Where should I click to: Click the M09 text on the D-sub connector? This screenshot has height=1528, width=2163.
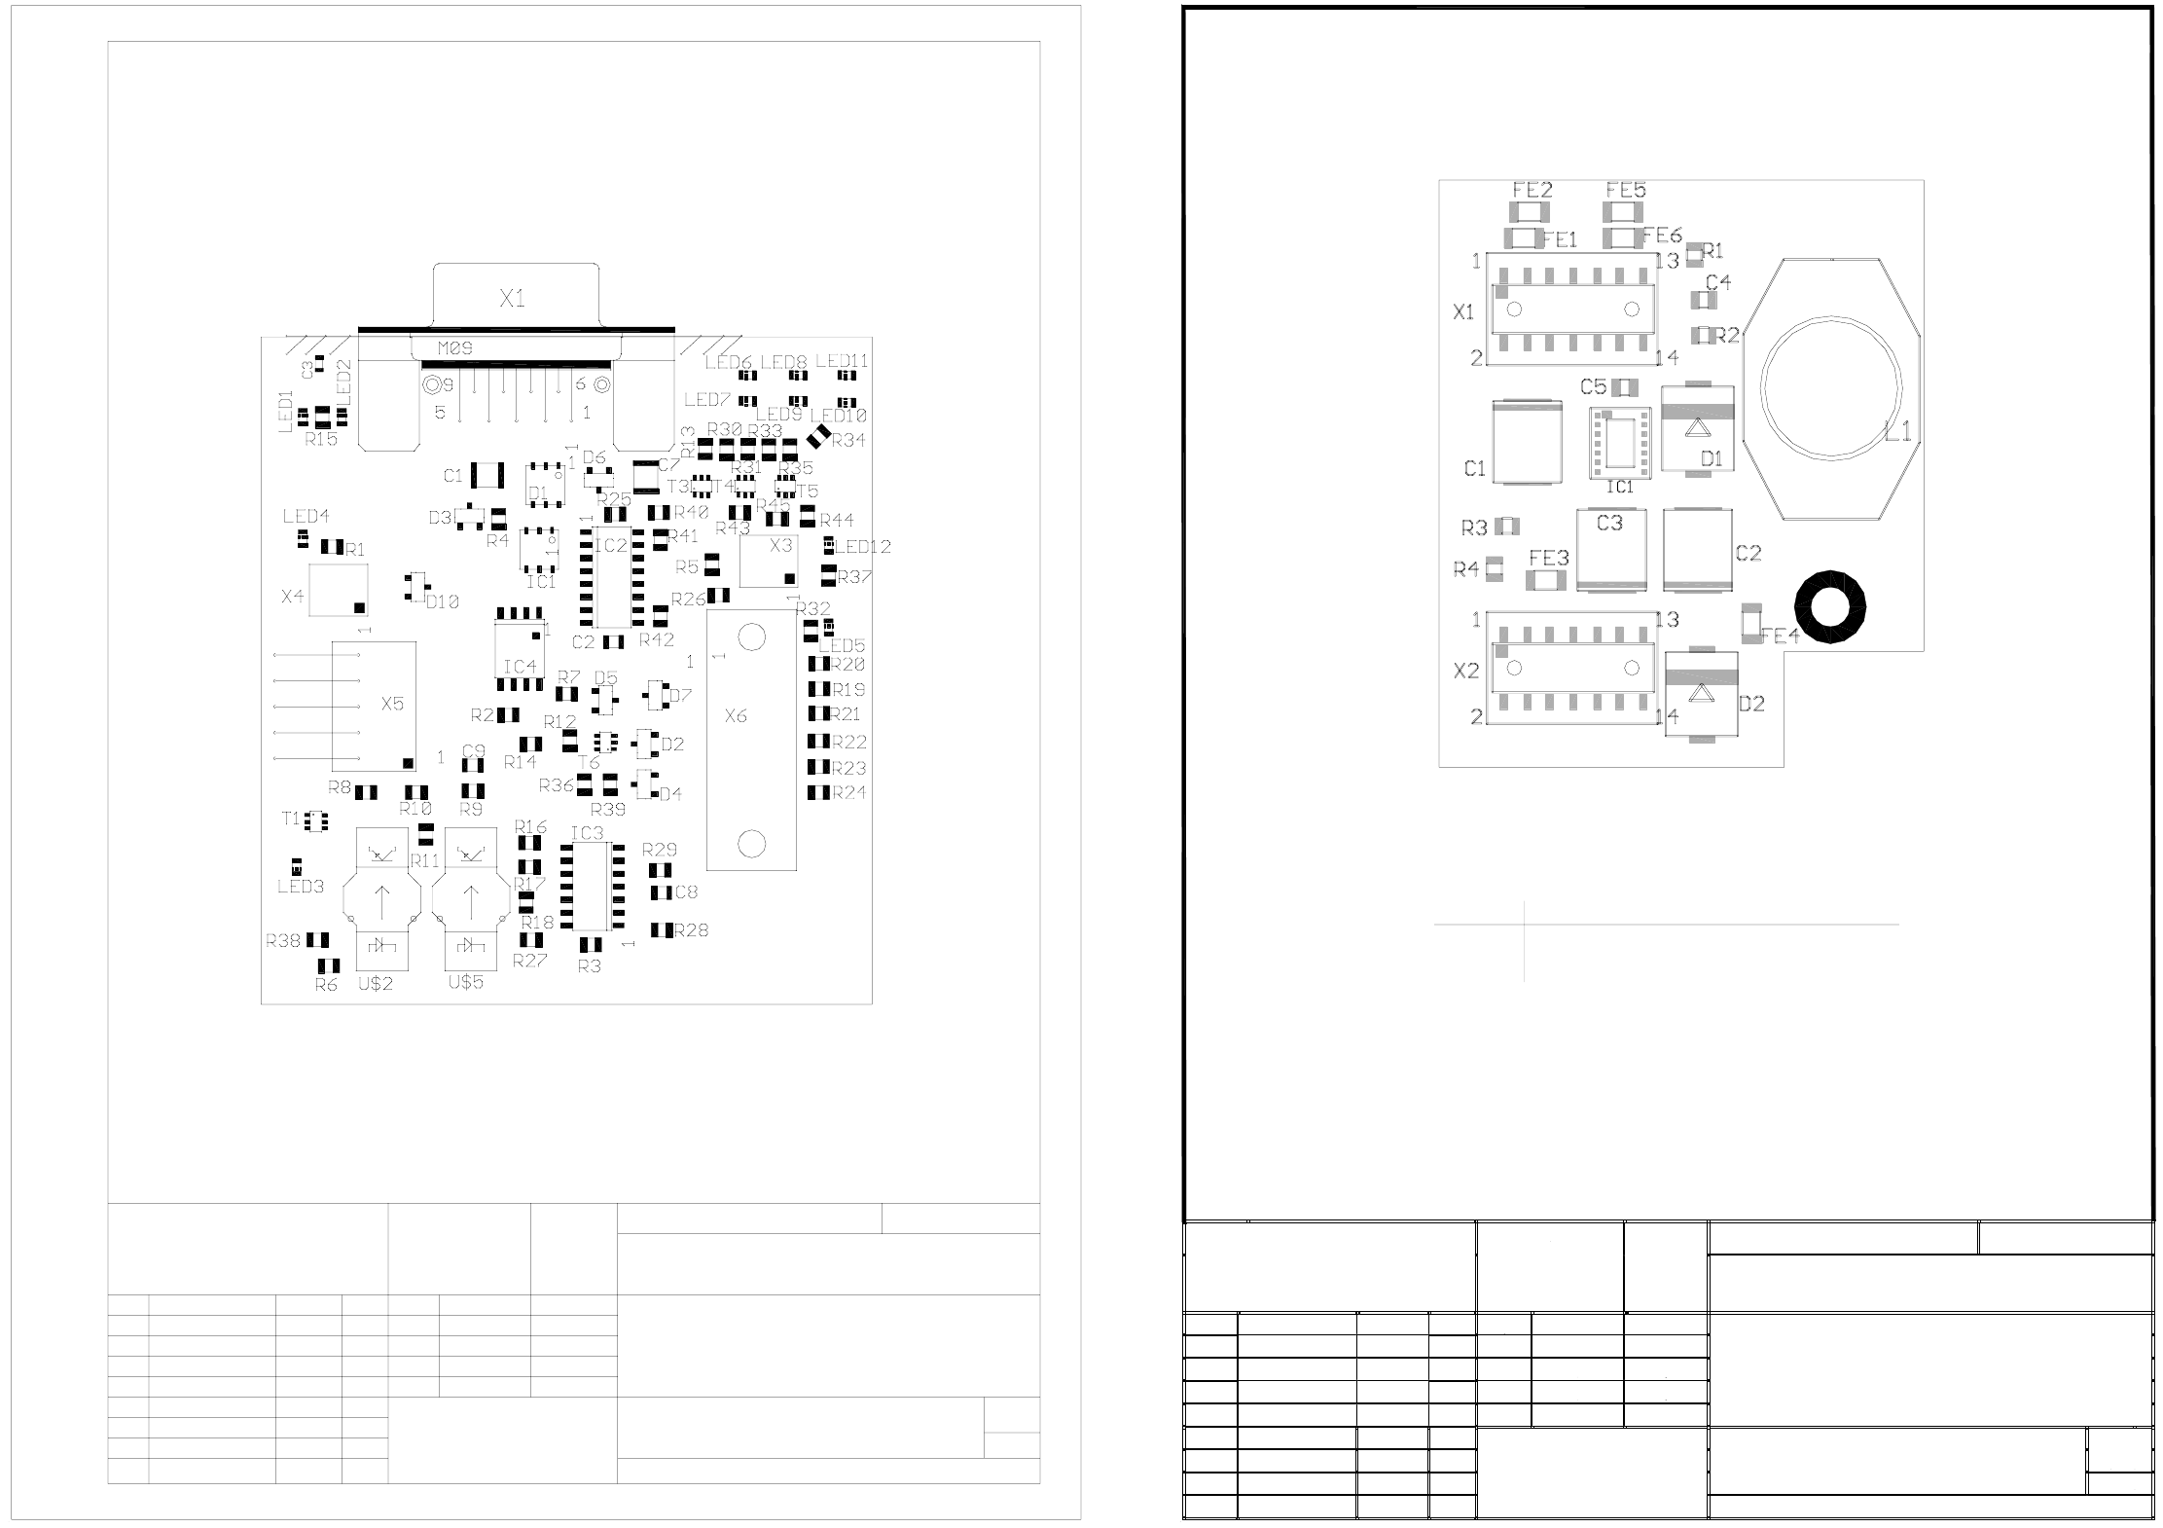(454, 347)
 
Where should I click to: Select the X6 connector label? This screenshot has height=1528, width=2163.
(736, 716)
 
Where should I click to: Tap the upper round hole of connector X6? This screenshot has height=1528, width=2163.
(751, 637)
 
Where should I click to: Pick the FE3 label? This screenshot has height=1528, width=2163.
(1548, 559)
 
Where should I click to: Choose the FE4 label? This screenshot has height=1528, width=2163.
(1780, 637)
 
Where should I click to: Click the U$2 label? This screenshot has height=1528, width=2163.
(376, 984)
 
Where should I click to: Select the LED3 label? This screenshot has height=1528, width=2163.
(301, 887)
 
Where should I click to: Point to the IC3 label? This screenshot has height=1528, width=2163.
(587, 833)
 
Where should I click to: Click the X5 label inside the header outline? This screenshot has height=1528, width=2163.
(392, 704)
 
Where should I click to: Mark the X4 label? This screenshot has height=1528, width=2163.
(292, 596)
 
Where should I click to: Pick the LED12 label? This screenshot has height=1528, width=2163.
(863, 547)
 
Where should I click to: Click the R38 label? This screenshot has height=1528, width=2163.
(283, 941)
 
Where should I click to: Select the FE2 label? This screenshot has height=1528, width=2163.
(1532, 191)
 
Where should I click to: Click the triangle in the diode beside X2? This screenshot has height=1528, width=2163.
(1701, 692)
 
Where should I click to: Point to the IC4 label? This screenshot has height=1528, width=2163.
(520, 667)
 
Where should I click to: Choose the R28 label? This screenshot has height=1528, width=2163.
(691, 930)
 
